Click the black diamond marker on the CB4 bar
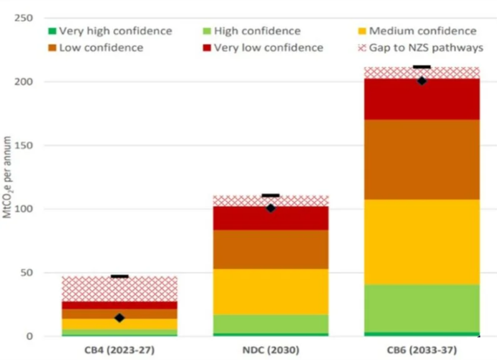[x=119, y=318]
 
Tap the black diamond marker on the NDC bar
[x=271, y=208]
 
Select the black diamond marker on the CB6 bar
[x=422, y=81]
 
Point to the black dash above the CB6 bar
[x=422, y=67]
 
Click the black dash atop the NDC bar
[x=270, y=195]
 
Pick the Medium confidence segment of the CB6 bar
[x=422, y=242]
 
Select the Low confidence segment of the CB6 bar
[x=422, y=159]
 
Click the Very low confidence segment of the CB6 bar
[x=422, y=99]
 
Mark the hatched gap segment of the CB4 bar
[x=119, y=289]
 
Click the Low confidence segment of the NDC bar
[x=271, y=249]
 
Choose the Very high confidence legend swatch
[x=52, y=32]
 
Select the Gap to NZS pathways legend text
[x=426, y=48]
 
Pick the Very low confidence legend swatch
[x=207, y=48]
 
